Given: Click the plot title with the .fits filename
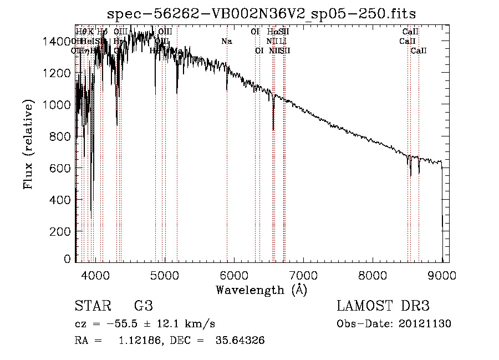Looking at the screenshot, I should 261,13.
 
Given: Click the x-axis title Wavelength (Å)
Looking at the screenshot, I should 261,289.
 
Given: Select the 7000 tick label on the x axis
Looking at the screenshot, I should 303,275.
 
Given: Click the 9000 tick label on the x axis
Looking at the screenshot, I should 442,275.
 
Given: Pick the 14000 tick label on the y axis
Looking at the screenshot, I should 59,41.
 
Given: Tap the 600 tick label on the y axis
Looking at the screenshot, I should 63,168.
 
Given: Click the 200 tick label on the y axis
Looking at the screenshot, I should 63,231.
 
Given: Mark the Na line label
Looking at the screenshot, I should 226,41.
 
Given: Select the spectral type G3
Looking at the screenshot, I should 143,306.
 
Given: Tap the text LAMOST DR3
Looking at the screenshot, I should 383,306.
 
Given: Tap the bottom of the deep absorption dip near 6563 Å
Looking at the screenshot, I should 273,129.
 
